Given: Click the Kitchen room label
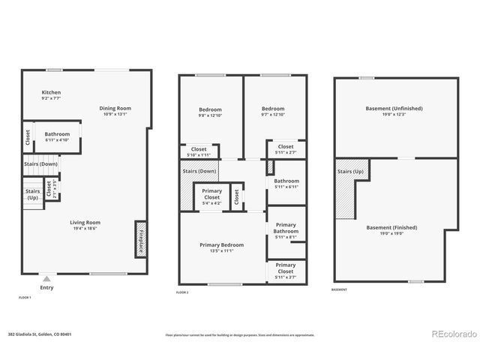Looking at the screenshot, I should coord(51,92).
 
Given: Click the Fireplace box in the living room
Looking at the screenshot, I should coord(140,239).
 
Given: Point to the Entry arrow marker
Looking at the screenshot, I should coord(46,277).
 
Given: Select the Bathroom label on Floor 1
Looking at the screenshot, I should coord(57,134).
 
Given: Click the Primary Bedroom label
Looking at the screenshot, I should coord(221,244).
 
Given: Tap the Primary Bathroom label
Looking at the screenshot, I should coord(286,228).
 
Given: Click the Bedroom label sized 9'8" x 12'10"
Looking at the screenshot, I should coord(211,109).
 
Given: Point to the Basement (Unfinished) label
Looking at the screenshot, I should coord(394,108).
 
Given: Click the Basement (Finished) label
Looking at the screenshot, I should coord(391,227).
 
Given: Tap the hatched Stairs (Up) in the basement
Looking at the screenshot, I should coord(345,188).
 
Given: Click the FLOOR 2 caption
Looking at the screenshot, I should coord(183,291).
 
